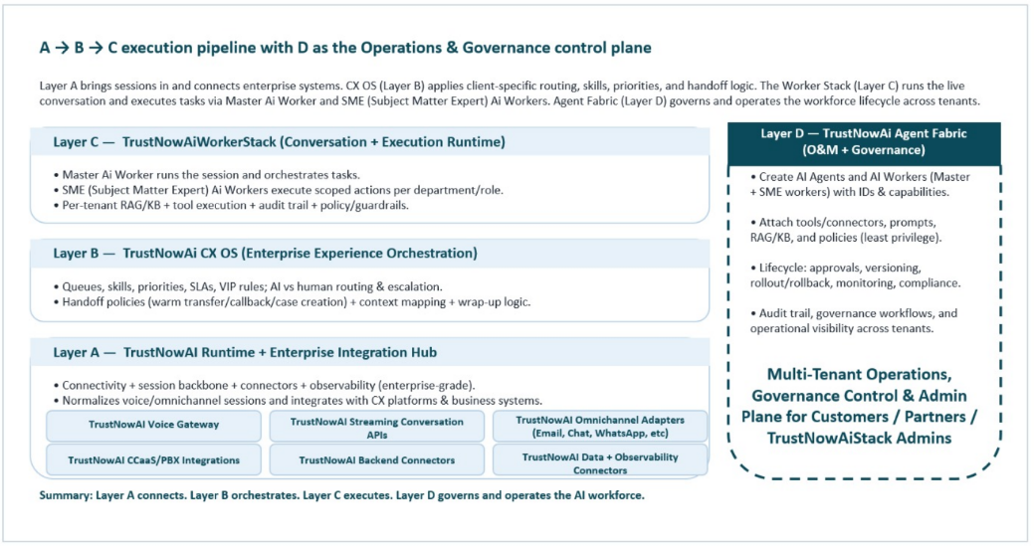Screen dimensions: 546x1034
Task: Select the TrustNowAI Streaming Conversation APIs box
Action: click(376, 427)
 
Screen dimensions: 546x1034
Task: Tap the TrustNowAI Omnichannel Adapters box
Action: click(600, 426)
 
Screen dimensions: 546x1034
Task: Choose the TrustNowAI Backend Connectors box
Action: click(376, 459)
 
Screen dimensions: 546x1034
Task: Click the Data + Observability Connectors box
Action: click(600, 461)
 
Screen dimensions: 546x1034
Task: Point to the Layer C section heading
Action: click(280, 142)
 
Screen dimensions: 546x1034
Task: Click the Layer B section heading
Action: click(266, 254)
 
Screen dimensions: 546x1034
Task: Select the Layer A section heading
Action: click(246, 352)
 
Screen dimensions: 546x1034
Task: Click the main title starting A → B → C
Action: click(345, 48)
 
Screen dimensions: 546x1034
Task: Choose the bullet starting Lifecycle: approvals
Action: click(855, 275)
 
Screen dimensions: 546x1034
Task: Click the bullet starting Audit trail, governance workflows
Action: click(855, 320)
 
